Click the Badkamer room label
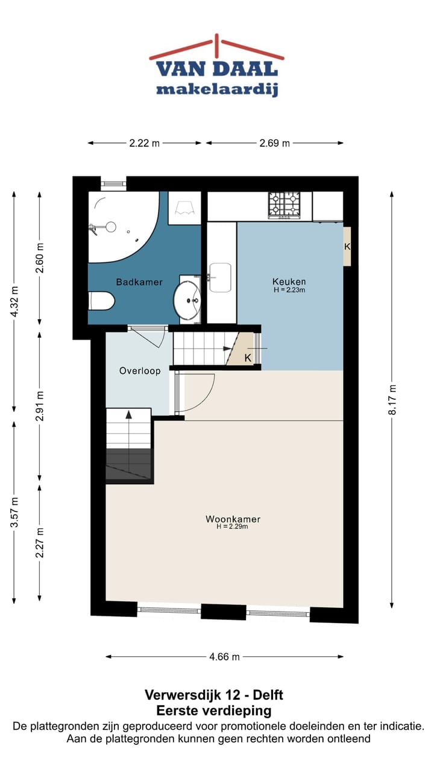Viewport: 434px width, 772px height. (x=139, y=282)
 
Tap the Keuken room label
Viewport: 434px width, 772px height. (x=289, y=281)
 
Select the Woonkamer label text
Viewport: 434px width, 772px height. (x=233, y=519)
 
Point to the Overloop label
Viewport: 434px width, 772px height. (x=140, y=371)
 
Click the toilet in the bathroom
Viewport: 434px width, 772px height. (x=101, y=301)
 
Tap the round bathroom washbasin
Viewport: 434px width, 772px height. (x=187, y=300)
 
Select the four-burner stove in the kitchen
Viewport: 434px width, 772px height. (x=284, y=206)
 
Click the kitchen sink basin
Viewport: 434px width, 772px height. (x=221, y=277)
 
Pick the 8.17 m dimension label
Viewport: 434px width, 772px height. (x=392, y=400)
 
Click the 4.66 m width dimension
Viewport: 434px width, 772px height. (x=224, y=657)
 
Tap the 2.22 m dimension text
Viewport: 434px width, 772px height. (x=144, y=143)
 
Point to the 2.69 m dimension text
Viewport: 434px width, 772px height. (x=274, y=143)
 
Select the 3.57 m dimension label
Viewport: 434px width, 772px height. (x=14, y=513)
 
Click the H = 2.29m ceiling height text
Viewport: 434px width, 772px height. (x=232, y=527)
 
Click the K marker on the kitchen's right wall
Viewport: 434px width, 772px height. (x=347, y=247)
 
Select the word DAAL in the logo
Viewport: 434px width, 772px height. (x=245, y=69)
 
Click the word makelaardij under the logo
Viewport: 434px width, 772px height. (x=218, y=89)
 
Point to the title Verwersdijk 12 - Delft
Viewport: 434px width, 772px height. (x=214, y=695)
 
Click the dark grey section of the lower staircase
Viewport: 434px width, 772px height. (x=128, y=464)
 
